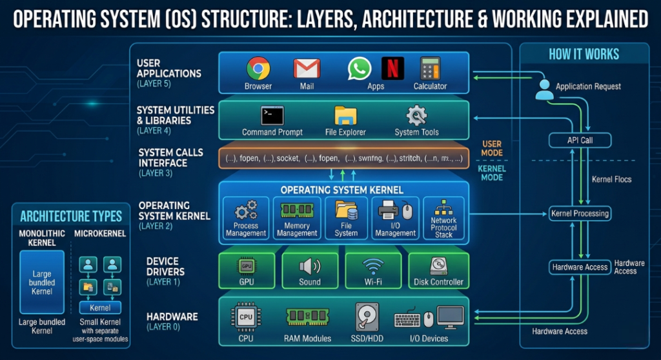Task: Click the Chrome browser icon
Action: (x=258, y=68)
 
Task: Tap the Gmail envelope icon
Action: (x=307, y=68)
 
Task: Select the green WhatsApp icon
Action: (x=360, y=68)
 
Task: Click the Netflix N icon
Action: (x=392, y=68)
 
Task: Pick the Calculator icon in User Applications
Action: (x=430, y=68)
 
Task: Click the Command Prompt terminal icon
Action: (x=272, y=115)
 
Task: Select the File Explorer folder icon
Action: (x=345, y=115)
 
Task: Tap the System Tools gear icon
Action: (x=416, y=115)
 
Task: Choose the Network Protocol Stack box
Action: (x=443, y=219)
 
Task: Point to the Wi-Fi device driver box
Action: (x=372, y=270)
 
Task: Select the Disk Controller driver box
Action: (x=438, y=270)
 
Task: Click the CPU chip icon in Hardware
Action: (x=246, y=317)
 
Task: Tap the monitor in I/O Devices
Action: (x=451, y=317)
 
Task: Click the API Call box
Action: (x=579, y=140)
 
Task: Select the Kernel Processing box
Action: (x=579, y=213)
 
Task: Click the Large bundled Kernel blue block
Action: (x=42, y=282)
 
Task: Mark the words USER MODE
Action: (x=491, y=148)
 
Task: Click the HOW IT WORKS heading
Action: (x=584, y=55)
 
